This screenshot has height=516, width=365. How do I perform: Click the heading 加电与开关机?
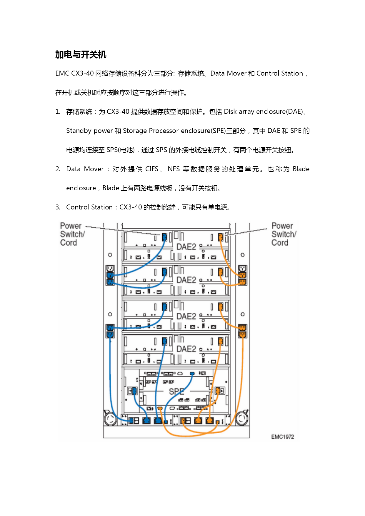pyautogui.click(x=81, y=55)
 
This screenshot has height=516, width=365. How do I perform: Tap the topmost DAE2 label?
pyautogui.click(x=186, y=247)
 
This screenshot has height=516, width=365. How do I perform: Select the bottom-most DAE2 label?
pyautogui.click(x=186, y=349)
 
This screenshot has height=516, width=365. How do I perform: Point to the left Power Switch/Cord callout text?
pyautogui.click(x=72, y=234)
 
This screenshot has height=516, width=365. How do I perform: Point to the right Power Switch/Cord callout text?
pyautogui.click(x=284, y=234)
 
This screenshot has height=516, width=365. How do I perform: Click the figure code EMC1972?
pyautogui.click(x=283, y=437)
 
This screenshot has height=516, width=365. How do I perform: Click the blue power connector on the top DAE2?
pyautogui.click(x=165, y=237)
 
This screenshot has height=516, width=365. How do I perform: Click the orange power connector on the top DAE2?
pyautogui.click(x=221, y=237)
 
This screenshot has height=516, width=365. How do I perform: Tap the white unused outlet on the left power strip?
pyautogui.click(x=110, y=269)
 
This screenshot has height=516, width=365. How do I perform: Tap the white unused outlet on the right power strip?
pyautogui.click(x=242, y=269)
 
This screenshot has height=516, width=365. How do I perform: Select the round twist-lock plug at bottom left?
pyautogui.click(x=110, y=419)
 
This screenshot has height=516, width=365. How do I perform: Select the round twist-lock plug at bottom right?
pyautogui.click(x=242, y=419)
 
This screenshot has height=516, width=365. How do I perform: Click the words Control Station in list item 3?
pyautogui.click(x=89, y=207)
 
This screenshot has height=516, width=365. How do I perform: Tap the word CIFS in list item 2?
pyautogui.click(x=152, y=169)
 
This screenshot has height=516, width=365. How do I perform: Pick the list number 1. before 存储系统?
pyautogui.click(x=58, y=111)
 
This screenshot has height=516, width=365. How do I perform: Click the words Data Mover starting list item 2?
pyautogui.click(x=85, y=169)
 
